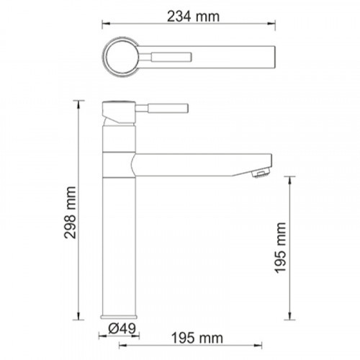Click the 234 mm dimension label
pos(193,17)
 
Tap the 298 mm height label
pos(71,212)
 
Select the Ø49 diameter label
pos(122,328)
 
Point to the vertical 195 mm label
pos(281,248)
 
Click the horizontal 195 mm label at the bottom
pos(197,338)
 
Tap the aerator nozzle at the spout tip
pos(261,174)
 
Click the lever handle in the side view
pos(162,108)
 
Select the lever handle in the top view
pos(165,57)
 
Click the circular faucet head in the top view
pos(121,57)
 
